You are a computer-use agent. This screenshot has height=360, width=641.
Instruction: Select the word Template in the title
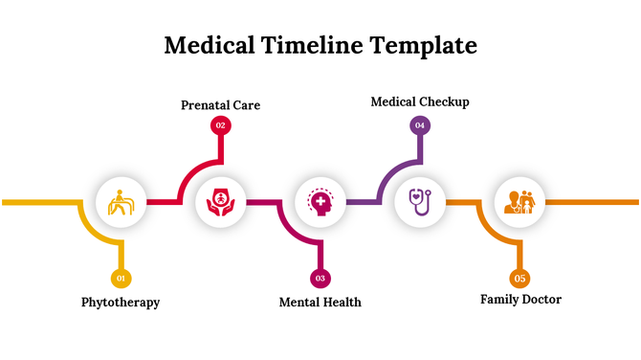(x=424, y=45)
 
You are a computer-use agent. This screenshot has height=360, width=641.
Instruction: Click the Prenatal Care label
(x=221, y=104)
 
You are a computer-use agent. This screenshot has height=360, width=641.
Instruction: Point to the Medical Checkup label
(x=420, y=101)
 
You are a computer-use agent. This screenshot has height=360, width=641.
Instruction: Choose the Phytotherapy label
(x=121, y=303)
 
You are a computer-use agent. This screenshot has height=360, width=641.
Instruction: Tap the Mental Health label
(x=320, y=303)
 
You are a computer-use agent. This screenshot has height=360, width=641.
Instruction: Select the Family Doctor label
(x=520, y=300)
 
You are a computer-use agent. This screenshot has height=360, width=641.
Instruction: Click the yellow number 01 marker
(x=121, y=279)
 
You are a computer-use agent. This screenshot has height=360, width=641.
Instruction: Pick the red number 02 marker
(x=220, y=125)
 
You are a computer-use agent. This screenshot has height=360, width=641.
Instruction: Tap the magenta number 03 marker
(x=320, y=279)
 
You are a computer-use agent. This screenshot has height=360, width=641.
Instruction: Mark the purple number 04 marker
(x=420, y=124)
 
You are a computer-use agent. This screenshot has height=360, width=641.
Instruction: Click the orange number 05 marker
(x=519, y=279)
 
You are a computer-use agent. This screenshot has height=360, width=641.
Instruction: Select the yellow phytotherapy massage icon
(x=121, y=202)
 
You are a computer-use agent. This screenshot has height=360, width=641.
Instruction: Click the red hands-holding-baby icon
(x=220, y=202)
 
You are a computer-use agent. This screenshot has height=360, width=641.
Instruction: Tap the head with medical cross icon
(x=320, y=202)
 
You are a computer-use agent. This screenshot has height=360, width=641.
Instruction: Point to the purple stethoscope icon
(x=420, y=202)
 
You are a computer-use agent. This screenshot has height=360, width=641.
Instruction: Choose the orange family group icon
(x=519, y=202)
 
